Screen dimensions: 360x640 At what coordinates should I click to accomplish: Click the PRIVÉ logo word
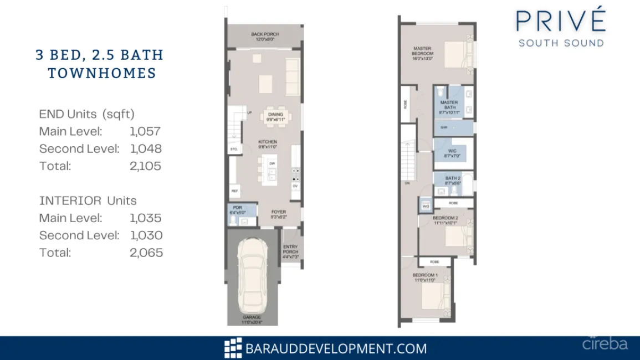click(x=561, y=21)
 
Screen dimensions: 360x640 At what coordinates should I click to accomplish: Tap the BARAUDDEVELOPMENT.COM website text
click(x=336, y=348)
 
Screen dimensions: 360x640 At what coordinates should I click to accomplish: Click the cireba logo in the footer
click(x=605, y=344)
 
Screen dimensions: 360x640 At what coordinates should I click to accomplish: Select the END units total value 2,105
click(x=146, y=166)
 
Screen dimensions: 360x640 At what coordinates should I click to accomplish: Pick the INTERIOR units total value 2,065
click(x=146, y=253)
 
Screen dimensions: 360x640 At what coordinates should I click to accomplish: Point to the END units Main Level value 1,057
click(x=145, y=131)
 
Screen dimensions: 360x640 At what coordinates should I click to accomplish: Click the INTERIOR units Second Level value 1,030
click(x=146, y=235)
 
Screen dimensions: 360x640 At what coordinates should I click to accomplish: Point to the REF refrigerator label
click(x=234, y=190)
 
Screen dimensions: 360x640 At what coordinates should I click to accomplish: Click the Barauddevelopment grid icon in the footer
click(x=233, y=348)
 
